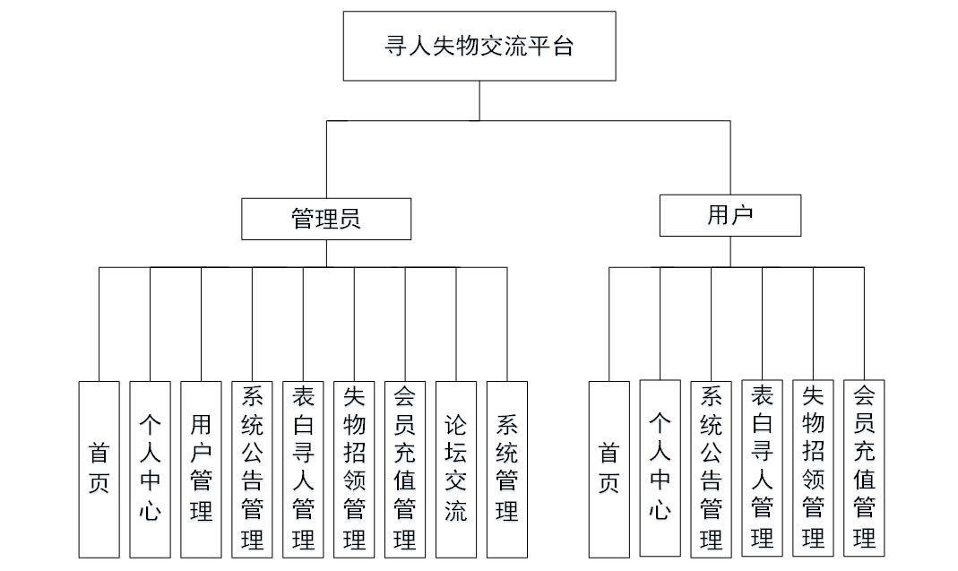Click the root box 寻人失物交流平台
point(479,46)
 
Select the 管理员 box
point(326,219)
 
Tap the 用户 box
point(729,215)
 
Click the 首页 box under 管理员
point(99,469)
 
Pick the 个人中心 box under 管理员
point(150,469)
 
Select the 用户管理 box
point(201,469)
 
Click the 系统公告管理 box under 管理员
point(252,469)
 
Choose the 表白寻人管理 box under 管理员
point(303,469)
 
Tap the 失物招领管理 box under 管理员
point(354,469)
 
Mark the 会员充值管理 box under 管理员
point(405,469)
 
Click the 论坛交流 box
point(456,469)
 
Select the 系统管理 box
point(507,469)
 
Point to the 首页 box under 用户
point(609,469)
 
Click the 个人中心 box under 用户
point(660,468)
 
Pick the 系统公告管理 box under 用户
point(712,468)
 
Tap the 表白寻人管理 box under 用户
point(763,468)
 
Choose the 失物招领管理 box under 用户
point(814,468)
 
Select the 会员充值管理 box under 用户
point(864,468)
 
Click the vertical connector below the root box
point(479,100)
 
